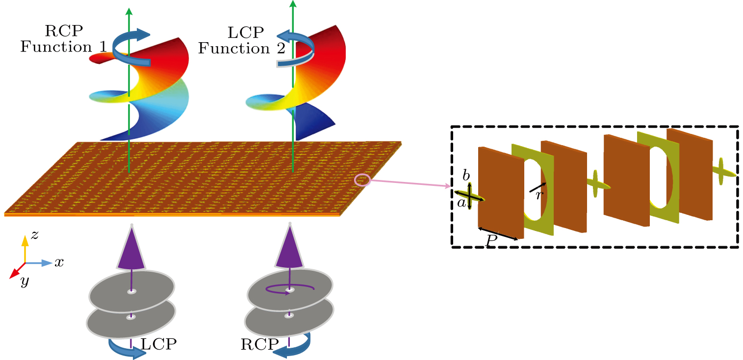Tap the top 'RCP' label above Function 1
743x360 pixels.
64,31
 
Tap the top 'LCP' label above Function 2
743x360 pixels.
246,33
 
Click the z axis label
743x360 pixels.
34,235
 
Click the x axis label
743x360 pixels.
59,263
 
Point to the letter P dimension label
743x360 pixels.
491,240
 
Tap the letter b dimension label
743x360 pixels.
466,176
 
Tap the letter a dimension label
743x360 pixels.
461,202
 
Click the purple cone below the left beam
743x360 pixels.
131,250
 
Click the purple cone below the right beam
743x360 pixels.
289,250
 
